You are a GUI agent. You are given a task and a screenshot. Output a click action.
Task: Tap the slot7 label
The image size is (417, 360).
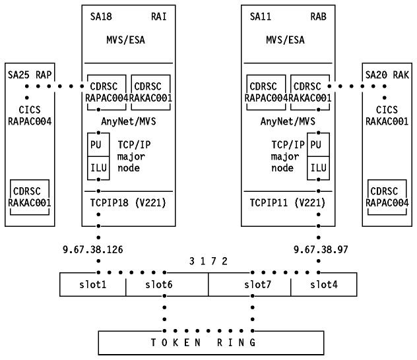(257, 284)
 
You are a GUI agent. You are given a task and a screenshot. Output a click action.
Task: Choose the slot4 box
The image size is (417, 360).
(324, 284)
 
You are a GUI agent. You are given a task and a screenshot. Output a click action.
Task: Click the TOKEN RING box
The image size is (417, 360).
(208, 342)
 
